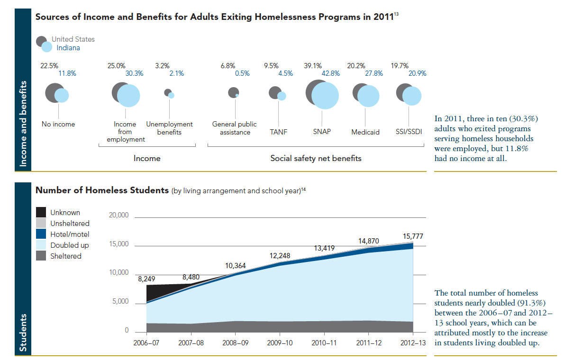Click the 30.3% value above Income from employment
pos(134,73)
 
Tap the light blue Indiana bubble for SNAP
pos(325,96)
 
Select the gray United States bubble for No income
pos(53,91)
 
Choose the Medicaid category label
pos(365,132)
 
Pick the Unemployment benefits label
pos(169,128)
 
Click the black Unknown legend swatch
pos(42,213)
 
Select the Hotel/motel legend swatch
pos(42,234)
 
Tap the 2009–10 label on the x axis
pos(280,342)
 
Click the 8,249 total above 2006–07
pos(147,279)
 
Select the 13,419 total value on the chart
pos(324,248)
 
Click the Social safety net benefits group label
pos(316,158)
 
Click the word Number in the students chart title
pos(52,190)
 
